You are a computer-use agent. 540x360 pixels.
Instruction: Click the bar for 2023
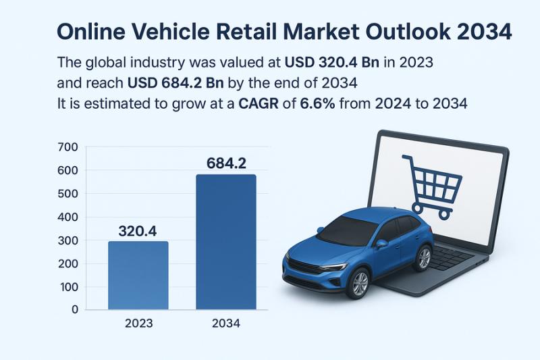click(x=138, y=276)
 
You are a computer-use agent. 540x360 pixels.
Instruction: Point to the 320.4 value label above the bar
click(x=138, y=230)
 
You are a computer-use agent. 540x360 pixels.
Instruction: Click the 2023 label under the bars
click(x=139, y=324)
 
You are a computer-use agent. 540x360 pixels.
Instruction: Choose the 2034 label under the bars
click(x=226, y=324)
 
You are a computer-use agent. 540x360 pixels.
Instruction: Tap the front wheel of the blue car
click(x=358, y=283)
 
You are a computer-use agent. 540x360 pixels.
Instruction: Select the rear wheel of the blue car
click(x=424, y=258)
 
